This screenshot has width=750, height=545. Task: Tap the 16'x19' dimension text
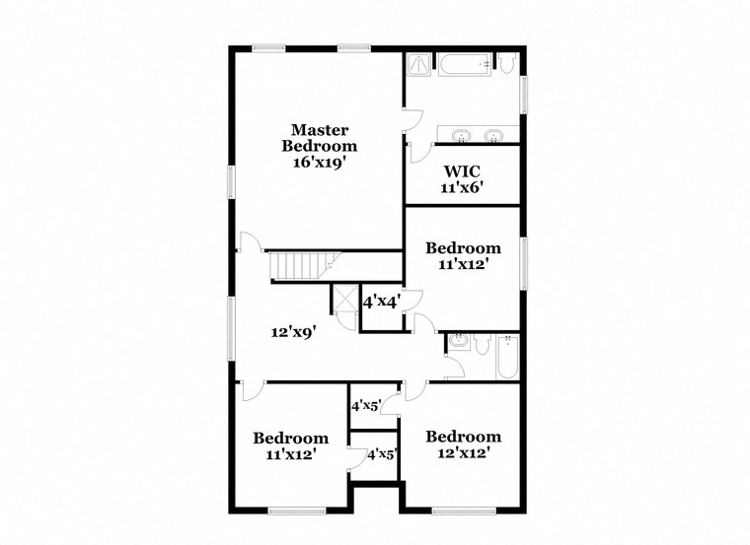(318, 162)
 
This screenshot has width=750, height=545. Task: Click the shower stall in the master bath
(419, 64)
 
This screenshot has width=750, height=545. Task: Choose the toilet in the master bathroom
(505, 64)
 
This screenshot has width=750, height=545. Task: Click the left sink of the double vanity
(461, 134)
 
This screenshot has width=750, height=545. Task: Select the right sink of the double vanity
(491, 134)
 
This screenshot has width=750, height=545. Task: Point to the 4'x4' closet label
(381, 303)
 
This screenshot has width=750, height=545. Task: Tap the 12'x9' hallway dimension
(293, 333)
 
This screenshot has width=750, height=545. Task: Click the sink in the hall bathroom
(458, 343)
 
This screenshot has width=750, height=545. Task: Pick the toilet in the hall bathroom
(483, 343)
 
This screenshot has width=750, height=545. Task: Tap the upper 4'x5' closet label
(367, 405)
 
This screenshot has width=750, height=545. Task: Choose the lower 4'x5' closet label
(382, 455)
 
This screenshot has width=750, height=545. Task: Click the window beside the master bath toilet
(524, 93)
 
